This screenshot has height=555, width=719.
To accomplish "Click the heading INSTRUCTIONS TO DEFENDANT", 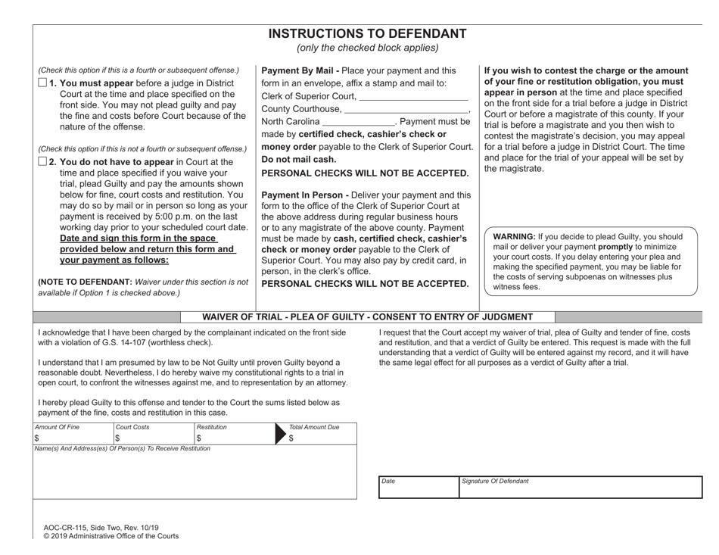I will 368,33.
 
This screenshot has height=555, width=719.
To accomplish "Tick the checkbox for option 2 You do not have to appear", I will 42,162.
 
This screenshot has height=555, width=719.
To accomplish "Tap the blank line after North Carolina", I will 358,122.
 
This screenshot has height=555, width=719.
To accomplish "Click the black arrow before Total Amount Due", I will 279,438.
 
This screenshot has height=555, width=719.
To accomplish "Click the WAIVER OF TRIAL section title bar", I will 368,316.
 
